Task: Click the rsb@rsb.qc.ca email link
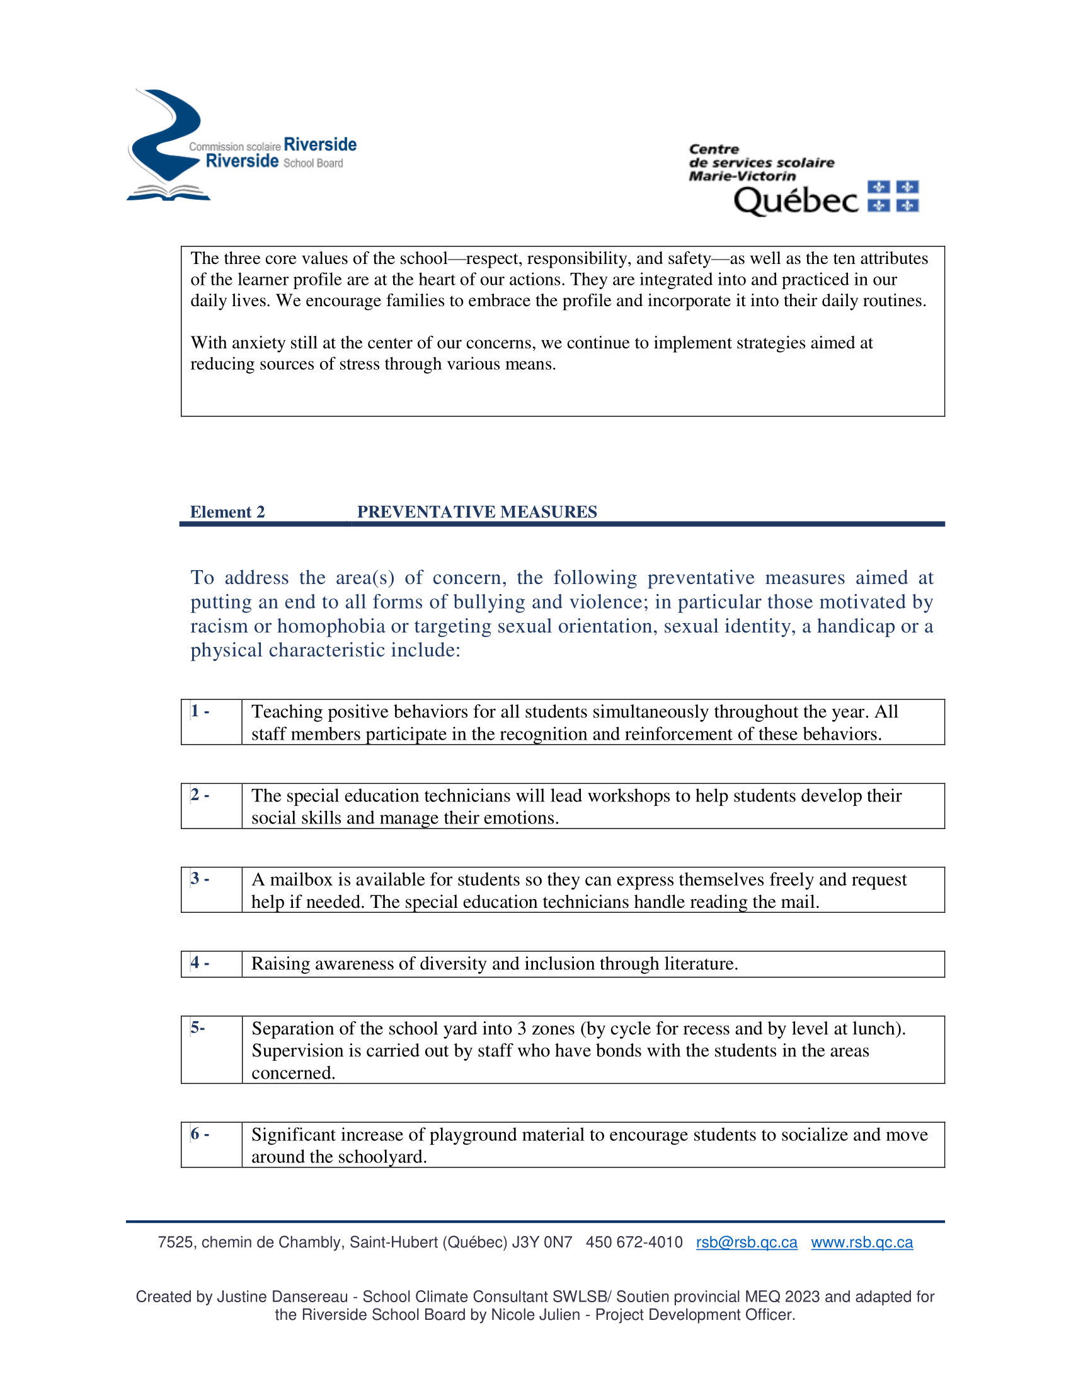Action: [x=746, y=1242]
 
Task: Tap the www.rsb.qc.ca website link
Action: [x=862, y=1242]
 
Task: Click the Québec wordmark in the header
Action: [x=796, y=200]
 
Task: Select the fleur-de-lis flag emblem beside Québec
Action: [x=893, y=196]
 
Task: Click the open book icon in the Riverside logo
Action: [x=168, y=192]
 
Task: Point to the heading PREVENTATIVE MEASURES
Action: [x=476, y=512]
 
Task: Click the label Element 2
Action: [x=227, y=512]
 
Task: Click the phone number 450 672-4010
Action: [x=634, y=1242]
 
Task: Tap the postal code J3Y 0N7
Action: [x=542, y=1242]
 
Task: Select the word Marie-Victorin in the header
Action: [x=742, y=176]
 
